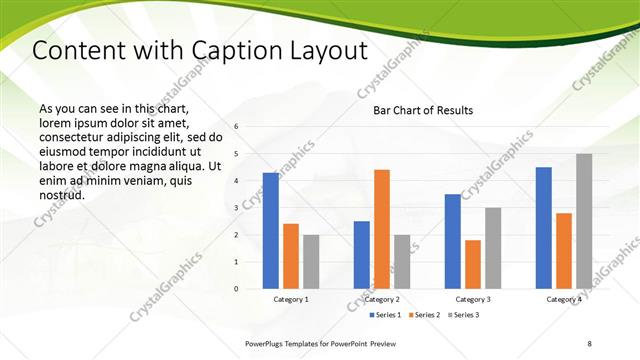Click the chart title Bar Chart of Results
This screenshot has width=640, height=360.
pos(423,110)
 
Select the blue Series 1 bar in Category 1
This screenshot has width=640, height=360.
pos(271,230)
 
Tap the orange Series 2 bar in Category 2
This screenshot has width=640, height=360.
pos(382,229)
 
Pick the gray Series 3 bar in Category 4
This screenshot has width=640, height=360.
pos(584,221)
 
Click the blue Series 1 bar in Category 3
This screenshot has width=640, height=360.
pos(453,241)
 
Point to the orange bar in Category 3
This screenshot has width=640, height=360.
pos(473,264)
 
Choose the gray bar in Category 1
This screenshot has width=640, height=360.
pos(311,261)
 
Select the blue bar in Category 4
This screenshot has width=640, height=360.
pos(544,227)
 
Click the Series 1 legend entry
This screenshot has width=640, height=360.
pos(387,315)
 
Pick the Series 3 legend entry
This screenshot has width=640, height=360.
pos(465,315)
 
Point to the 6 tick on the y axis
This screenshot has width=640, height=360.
pos(236,127)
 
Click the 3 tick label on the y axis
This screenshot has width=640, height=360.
pos(236,208)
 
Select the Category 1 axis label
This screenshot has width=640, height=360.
pos(291,299)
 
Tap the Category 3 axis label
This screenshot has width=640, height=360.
pos(473,299)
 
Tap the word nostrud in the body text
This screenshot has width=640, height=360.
pos(60,195)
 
